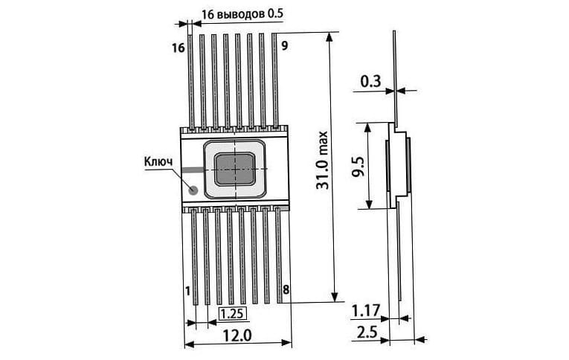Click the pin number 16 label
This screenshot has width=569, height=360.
pos(179,48)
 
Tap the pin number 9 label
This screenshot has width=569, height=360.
pos(285,45)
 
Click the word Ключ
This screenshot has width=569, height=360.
pos(158,161)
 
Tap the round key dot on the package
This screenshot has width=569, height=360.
pos(193,190)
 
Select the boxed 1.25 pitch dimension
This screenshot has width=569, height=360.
pos(232,313)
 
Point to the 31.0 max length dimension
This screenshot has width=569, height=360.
pos(321,160)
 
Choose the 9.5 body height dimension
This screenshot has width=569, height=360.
pos(359,167)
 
